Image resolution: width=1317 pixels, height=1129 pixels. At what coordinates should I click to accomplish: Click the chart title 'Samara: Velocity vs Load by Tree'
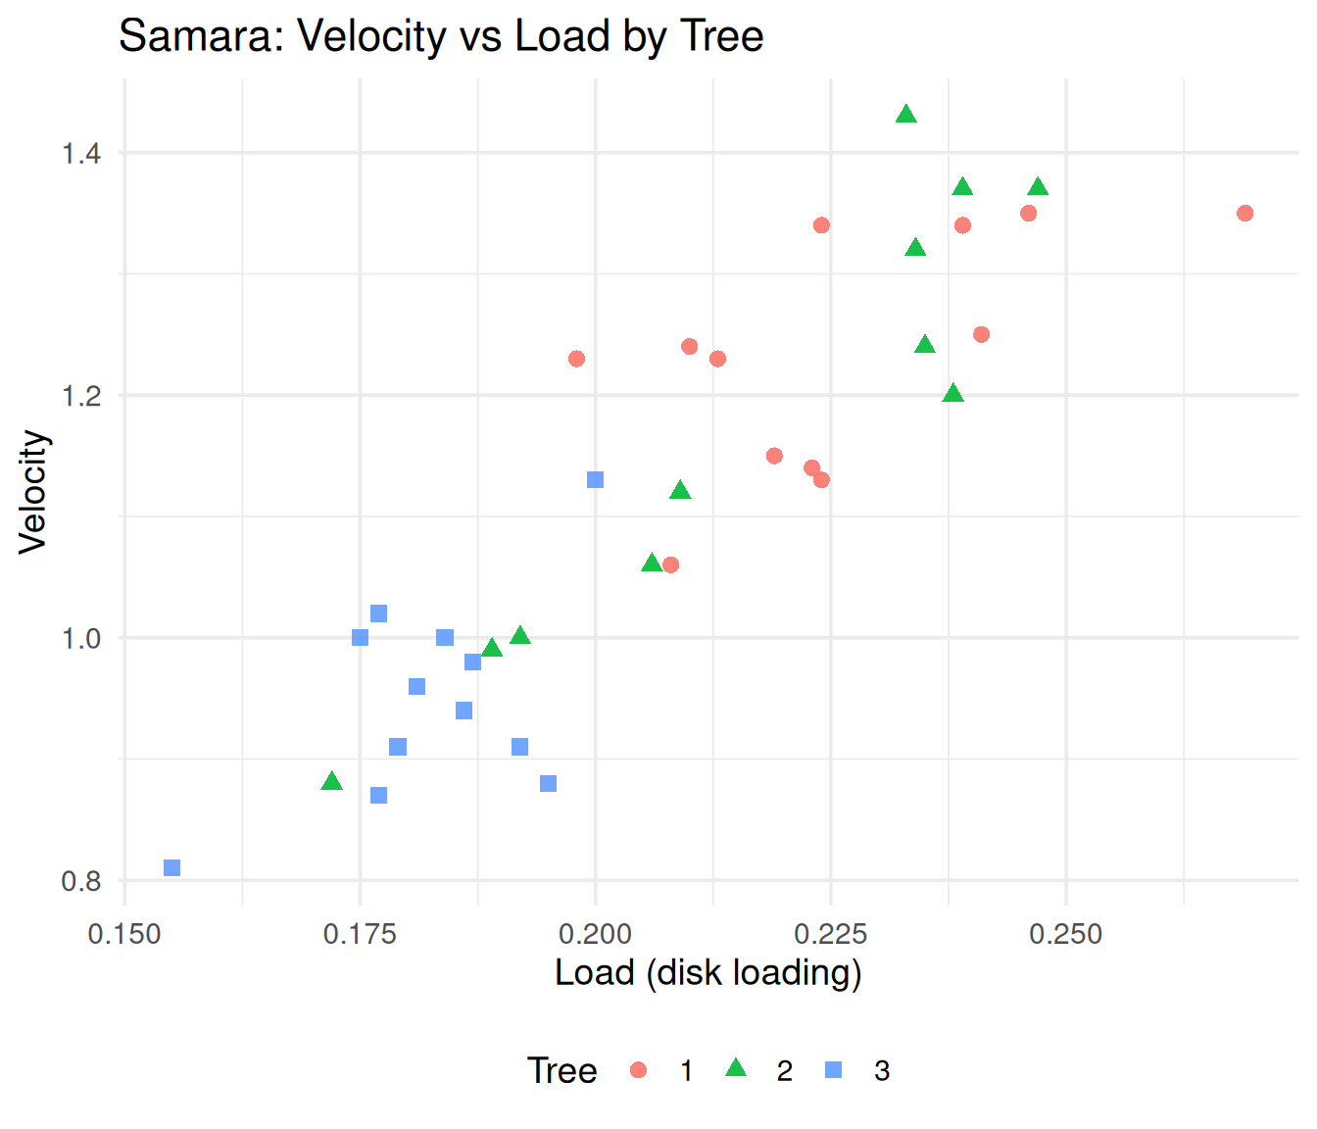tap(441, 35)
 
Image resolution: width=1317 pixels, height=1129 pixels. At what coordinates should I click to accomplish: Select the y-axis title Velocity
tap(33, 492)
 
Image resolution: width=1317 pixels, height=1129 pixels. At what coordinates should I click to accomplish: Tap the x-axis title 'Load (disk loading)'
tap(707, 973)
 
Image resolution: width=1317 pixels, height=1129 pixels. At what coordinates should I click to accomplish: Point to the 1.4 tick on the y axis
tap(81, 154)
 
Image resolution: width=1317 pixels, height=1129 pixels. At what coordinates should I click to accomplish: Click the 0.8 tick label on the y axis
tap(81, 881)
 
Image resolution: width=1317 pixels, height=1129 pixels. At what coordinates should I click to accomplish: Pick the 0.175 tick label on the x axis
tap(360, 935)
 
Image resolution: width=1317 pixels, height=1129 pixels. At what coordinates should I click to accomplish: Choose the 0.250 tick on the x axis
tap(1066, 935)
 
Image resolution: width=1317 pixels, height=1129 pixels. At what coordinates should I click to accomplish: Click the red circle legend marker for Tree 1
tap(638, 1070)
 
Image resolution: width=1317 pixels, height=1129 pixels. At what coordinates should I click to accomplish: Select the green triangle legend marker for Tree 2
tap(736, 1068)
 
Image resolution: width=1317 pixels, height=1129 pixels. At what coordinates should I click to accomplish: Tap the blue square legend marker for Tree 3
tap(833, 1070)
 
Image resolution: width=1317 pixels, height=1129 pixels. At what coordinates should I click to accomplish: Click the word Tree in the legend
tap(561, 1070)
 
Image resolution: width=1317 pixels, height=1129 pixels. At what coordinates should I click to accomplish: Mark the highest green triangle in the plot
tap(906, 115)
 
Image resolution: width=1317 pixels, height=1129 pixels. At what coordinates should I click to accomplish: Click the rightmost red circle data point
tap(1245, 214)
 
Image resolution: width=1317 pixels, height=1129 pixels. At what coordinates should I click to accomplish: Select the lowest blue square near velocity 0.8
tap(172, 867)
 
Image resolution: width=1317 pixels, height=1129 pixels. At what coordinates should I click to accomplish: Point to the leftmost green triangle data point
tap(332, 781)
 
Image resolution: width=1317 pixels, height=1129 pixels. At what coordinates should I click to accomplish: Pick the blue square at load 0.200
tap(595, 480)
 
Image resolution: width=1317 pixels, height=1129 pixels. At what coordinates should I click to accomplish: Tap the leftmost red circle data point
tap(576, 359)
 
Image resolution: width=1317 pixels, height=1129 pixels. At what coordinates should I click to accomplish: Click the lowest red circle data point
tap(670, 564)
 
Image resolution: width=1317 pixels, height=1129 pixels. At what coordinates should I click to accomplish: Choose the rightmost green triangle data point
tap(1038, 187)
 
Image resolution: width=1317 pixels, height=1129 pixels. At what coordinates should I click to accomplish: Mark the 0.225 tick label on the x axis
tap(831, 935)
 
